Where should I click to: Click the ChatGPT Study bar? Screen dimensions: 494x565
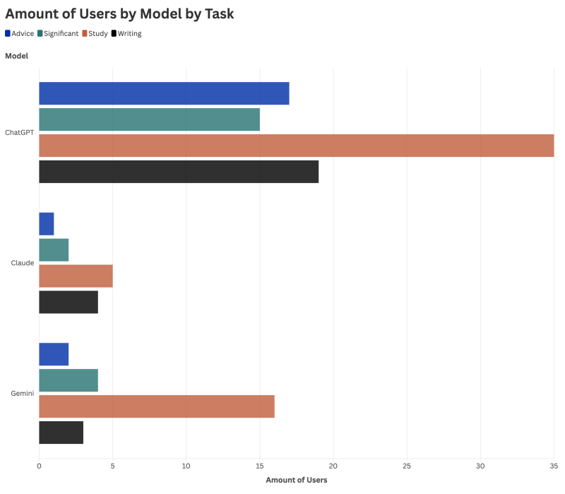(x=296, y=146)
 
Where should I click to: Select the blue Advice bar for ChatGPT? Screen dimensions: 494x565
(x=164, y=93)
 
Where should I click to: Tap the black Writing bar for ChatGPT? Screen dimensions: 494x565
(x=179, y=172)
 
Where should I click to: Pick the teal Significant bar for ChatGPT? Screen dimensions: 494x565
(x=149, y=119)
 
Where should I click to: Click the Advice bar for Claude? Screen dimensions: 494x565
(x=47, y=224)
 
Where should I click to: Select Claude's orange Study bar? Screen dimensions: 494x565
(x=76, y=276)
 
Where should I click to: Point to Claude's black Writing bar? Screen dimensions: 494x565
(x=69, y=302)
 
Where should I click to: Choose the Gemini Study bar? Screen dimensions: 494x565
(x=157, y=406)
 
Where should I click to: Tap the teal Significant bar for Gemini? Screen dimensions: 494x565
(x=69, y=380)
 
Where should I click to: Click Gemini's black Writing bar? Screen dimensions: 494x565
(x=61, y=433)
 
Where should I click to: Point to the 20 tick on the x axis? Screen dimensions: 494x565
(x=333, y=466)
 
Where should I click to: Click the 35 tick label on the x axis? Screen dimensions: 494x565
(x=554, y=466)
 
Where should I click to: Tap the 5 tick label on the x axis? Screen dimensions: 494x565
(x=113, y=466)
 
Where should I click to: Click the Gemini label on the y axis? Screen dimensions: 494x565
(x=23, y=394)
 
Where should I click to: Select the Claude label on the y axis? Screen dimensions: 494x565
(x=23, y=263)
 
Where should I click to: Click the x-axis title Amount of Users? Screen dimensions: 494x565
(x=297, y=481)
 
